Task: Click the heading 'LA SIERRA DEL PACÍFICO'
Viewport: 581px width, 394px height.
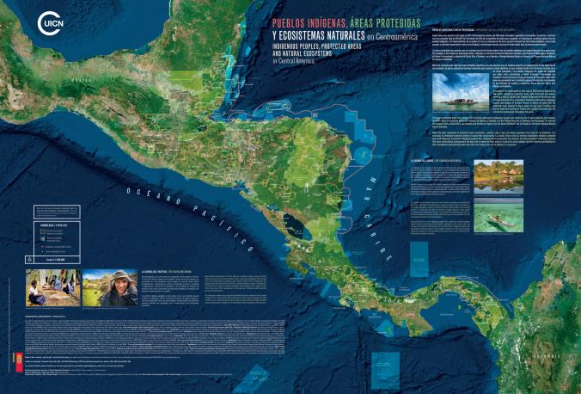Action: pos(159,272)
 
